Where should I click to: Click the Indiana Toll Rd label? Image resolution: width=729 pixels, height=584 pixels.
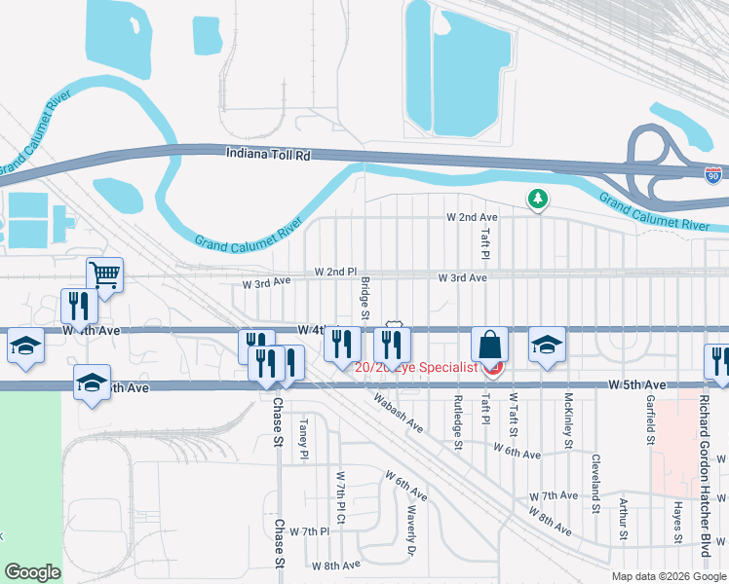[x=268, y=154]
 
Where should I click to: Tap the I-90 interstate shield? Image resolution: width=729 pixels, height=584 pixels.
[x=714, y=174]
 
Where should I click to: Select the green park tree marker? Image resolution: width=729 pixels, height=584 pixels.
[x=537, y=200]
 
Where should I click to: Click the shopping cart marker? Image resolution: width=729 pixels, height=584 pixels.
[x=104, y=274]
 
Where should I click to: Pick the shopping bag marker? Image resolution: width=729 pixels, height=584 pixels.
[x=490, y=346]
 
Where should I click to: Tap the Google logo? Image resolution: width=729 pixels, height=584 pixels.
[x=32, y=572]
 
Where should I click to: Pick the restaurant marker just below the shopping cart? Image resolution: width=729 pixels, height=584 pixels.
[x=76, y=307]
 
